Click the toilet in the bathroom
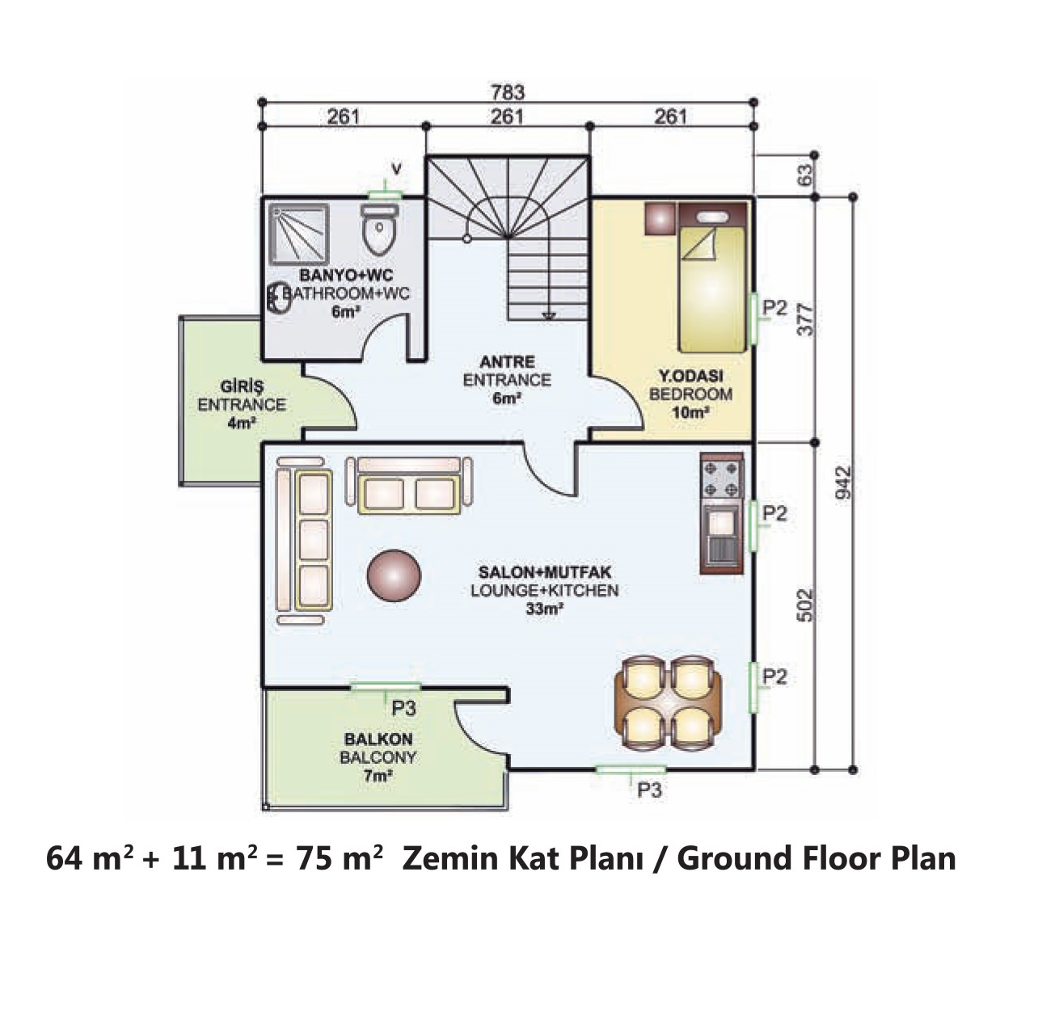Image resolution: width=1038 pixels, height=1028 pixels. (x=380, y=229)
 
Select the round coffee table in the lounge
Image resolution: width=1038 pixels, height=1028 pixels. (x=393, y=575)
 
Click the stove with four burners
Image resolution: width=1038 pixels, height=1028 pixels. (x=722, y=475)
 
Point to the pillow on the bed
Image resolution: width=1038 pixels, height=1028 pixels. (x=712, y=217)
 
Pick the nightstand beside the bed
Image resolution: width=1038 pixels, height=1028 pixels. (x=659, y=218)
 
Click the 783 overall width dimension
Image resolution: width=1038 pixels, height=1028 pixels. (x=508, y=92)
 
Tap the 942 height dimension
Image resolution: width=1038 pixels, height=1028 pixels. (x=843, y=482)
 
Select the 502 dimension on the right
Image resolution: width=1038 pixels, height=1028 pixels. (x=804, y=605)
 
